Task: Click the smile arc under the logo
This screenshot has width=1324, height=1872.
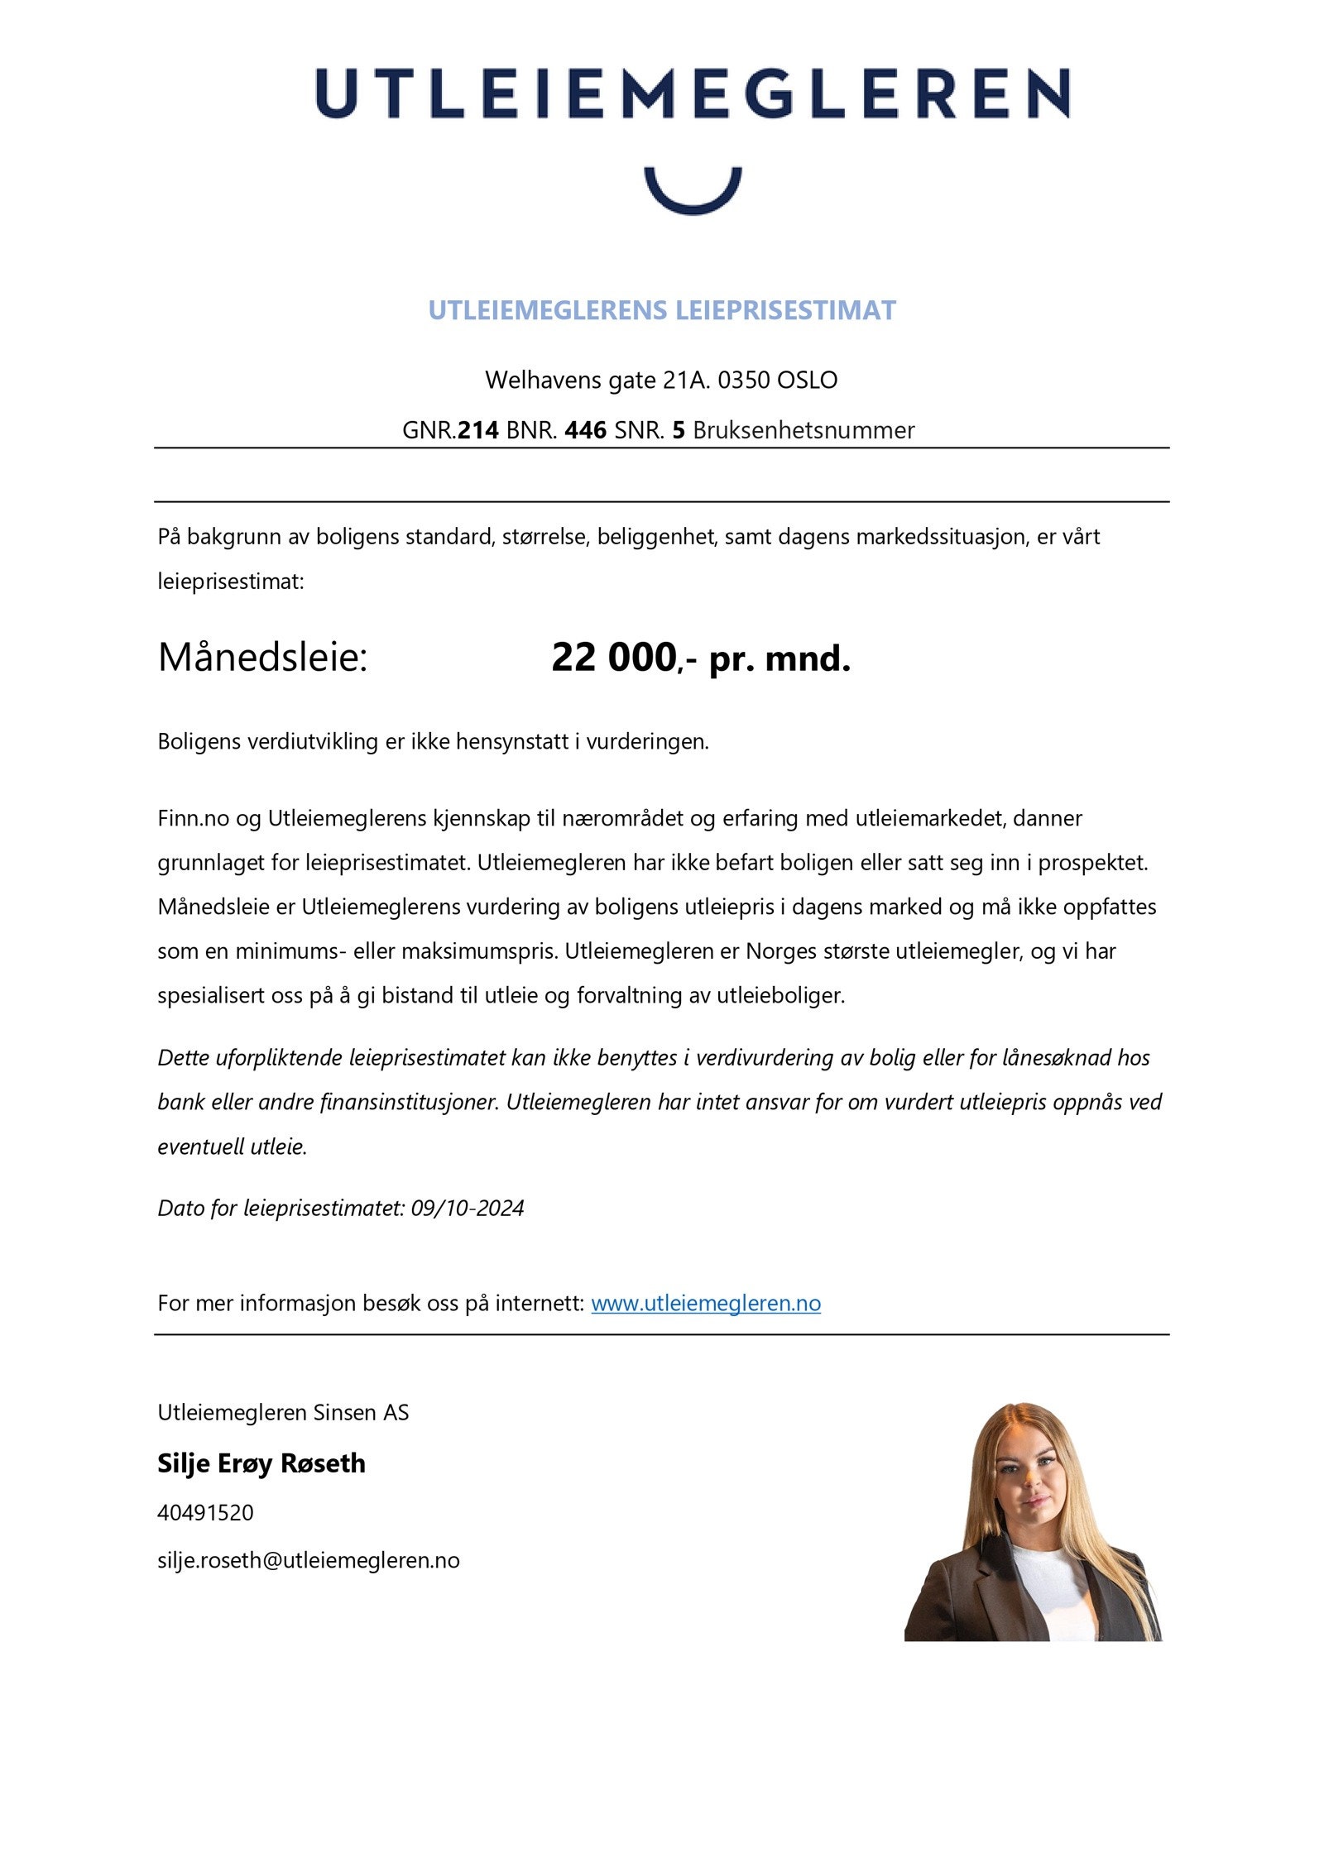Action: [692, 197]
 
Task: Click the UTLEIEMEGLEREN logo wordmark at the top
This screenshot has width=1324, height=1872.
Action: [692, 93]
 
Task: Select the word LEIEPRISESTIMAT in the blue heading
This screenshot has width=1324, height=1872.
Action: [785, 310]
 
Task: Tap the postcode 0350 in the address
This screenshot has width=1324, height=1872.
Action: [743, 380]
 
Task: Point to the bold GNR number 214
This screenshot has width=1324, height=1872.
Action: [478, 430]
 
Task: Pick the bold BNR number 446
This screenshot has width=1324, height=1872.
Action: [585, 430]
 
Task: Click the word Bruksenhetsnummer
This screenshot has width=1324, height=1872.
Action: [803, 430]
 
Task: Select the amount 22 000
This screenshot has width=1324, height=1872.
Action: [613, 658]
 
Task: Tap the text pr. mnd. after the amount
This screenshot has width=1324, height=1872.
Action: [780, 659]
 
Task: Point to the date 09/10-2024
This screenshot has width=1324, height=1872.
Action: [468, 1209]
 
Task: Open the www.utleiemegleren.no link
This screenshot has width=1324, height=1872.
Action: [705, 1304]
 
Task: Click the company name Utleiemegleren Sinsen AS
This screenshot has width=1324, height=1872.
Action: [283, 1413]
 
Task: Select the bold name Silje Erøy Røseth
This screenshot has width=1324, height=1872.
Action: [261, 1463]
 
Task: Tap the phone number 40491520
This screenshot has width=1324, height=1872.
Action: [205, 1513]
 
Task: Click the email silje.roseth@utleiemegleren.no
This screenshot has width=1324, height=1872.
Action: [308, 1561]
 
